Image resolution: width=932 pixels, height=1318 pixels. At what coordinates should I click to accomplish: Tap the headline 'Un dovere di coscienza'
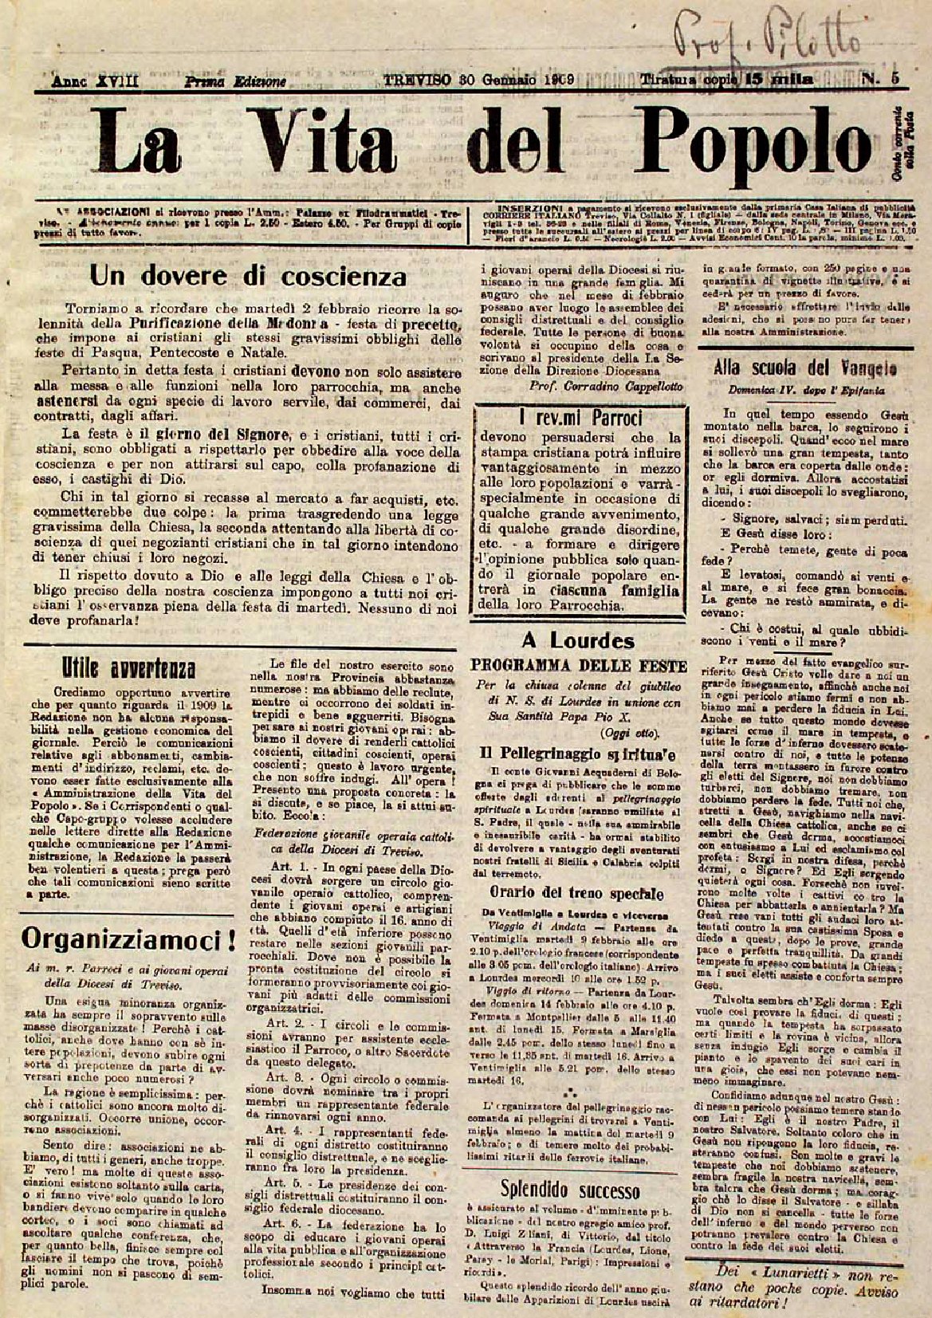click(248, 276)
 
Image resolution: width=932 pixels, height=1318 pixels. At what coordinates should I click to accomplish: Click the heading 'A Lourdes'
click(578, 640)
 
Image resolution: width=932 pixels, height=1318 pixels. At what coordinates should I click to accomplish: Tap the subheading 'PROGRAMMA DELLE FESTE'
click(579, 666)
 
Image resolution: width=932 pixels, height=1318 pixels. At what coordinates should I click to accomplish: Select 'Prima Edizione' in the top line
click(235, 81)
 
